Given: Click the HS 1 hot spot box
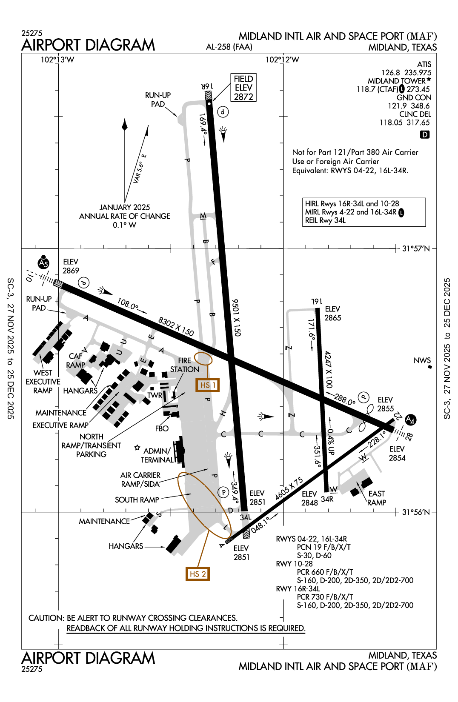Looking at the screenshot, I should pyautogui.click(x=208, y=385).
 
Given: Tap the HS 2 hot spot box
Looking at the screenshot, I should pyautogui.click(x=198, y=574).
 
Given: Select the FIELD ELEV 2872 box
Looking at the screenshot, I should pyautogui.click(x=243, y=88).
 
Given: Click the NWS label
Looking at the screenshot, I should pyautogui.click(x=422, y=361).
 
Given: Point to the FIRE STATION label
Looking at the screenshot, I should pyautogui.click(x=184, y=365).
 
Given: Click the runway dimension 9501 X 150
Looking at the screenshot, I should pyautogui.click(x=236, y=317).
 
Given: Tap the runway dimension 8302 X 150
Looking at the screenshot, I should pyautogui.click(x=176, y=327).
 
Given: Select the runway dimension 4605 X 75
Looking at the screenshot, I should pyautogui.click(x=289, y=488).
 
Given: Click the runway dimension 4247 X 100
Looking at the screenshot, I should pyautogui.click(x=328, y=369).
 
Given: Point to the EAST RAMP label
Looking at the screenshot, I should pyautogui.click(x=377, y=498).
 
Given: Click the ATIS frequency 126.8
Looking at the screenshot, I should pyautogui.click(x=391, y=73).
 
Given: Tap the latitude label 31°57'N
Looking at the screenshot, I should pyautogui.click(x=416, y=248).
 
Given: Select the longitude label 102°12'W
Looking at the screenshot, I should pyautogui.click(x=282, y=60).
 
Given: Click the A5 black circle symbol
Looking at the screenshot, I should pyautogui.click(x=43, y=264).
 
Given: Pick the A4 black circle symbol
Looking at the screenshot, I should pyautogui.click(x=410, y=420).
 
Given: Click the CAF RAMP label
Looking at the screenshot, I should pyautogui.click(x=75, y=360).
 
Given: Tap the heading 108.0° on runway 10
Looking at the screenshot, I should pyautogui.click(x=128, y=304).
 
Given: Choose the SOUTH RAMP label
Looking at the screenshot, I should pyautogui.click(x=137, y=500).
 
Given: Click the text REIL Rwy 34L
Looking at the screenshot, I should pyautogui.click(x=325, y=220).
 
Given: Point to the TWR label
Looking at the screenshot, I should pyautogui.click(x=155, y=395).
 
